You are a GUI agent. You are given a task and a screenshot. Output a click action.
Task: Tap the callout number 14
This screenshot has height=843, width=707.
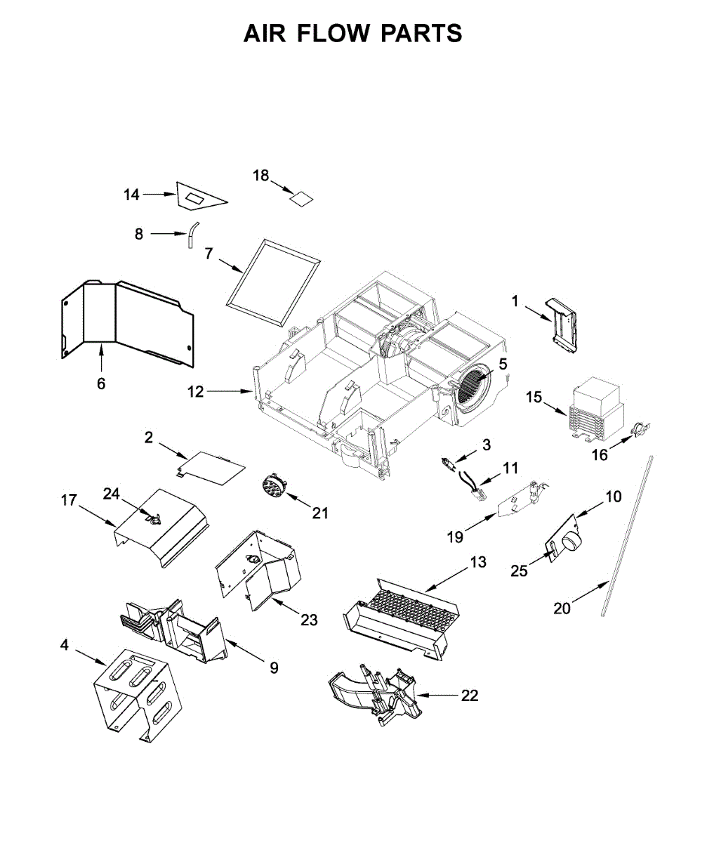[132, 195]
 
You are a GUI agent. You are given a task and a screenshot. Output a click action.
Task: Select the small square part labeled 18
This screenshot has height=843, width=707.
[302, 197]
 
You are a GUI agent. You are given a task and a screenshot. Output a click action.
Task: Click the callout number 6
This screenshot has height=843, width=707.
[101, 384]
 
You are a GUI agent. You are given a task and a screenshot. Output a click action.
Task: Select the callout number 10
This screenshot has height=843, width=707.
[614, 497]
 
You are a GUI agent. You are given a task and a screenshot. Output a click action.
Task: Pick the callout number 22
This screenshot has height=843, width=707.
[470, 695]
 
